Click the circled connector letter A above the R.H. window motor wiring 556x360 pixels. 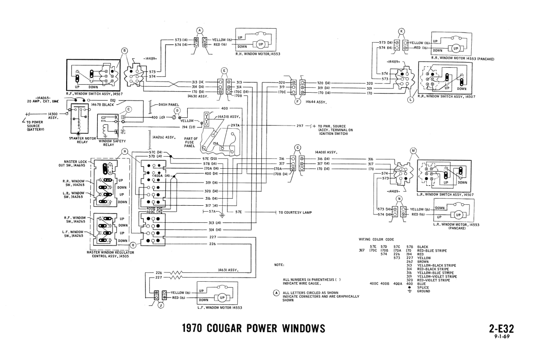(x=200, y=30)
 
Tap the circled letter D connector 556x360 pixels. (x=177, y=111)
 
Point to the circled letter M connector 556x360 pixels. (x=413, y=151)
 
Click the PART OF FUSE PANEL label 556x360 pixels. (x=190, y=142)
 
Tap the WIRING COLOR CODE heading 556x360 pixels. (x=376, y=240)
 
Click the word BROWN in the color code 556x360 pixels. (x=424, y=261)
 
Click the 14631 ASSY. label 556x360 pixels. (x=228, y=270)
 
